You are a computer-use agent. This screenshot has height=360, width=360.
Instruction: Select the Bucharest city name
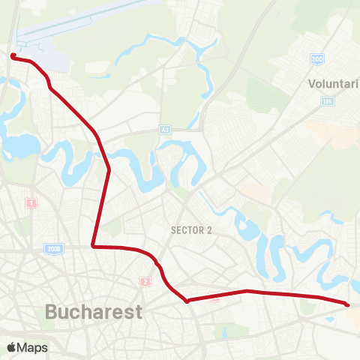tap(94, 311)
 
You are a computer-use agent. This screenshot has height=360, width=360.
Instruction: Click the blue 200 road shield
tap(318, 58)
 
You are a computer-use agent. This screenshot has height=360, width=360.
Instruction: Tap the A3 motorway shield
tap(164, 130)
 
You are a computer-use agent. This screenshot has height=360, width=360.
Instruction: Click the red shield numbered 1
tap(31, 202)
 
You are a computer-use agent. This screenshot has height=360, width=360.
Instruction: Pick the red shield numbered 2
tap(145, 281)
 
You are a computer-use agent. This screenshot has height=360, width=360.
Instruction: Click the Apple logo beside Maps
tap(12, 347)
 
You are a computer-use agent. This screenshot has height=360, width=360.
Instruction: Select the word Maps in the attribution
tap(32, 347)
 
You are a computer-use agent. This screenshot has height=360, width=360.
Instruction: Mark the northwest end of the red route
tap(13, 55)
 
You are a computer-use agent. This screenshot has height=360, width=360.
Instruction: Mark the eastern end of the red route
tap(347, 304)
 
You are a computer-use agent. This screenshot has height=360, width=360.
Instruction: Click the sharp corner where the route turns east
tap(92, 245)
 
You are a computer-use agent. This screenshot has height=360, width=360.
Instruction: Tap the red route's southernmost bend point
tap(187, 301)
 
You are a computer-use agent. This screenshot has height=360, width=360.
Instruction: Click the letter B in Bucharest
tap(52, 311)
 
